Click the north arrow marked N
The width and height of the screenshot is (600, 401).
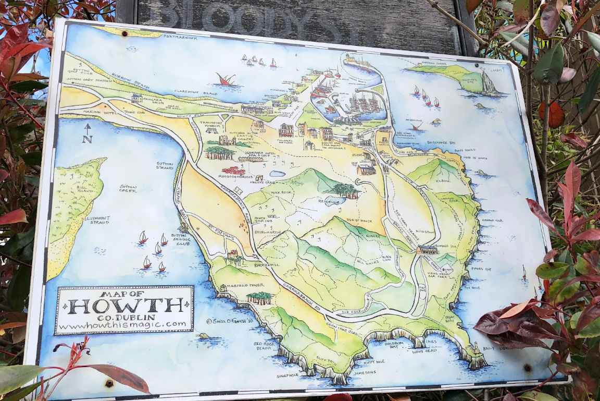(x=87, y=133)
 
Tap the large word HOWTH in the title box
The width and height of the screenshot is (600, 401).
(x=124, y=306)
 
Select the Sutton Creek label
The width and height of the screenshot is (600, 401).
(x=128, y=188)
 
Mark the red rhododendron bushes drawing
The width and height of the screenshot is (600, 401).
(x=233, y=171)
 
